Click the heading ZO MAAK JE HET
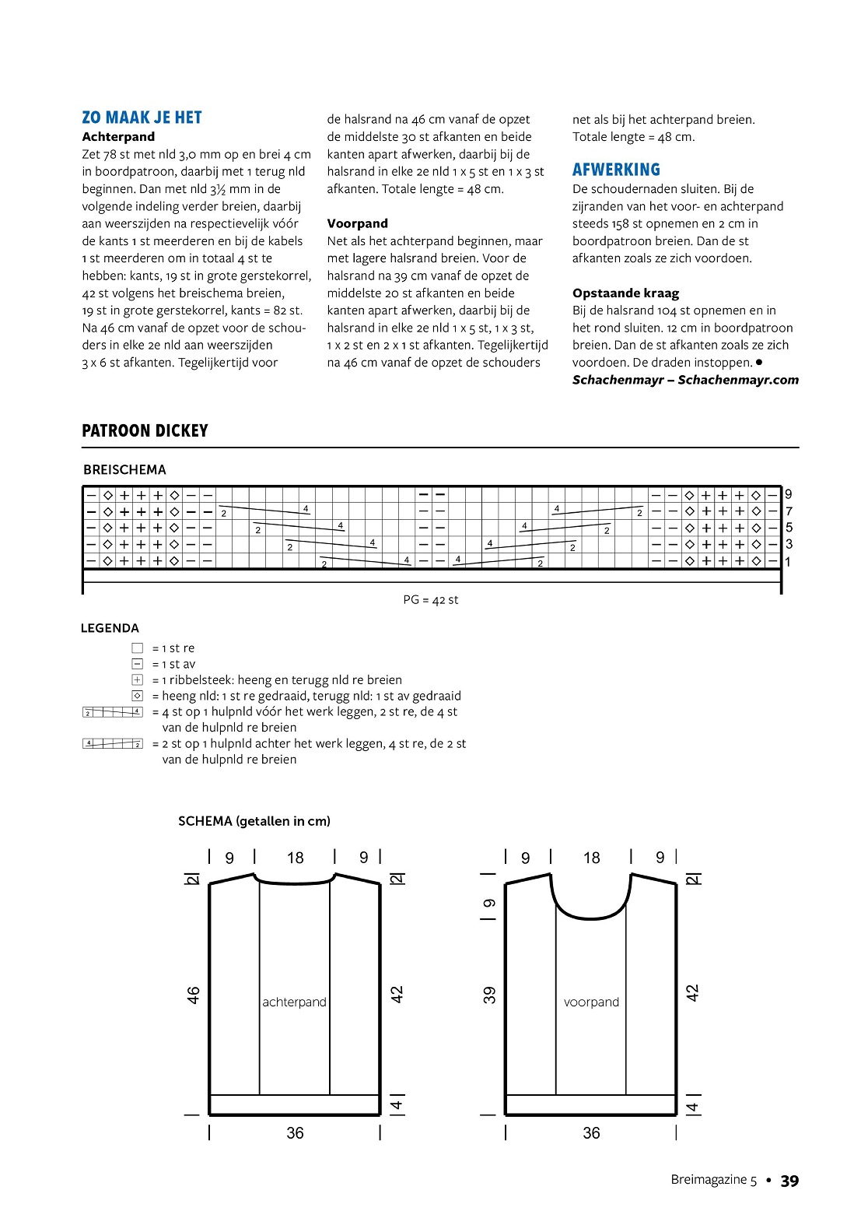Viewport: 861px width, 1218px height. [x=142, y=118]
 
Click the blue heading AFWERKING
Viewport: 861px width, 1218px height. [x=616, y=170]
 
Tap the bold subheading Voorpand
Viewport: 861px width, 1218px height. [x=357, y=223]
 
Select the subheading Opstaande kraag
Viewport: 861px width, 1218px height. [x=625, y=293]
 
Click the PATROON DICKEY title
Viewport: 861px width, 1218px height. [x=145, y=431]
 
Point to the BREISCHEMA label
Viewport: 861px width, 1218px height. [x=124, y=469]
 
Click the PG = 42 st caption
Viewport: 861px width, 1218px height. [x=431, y=600]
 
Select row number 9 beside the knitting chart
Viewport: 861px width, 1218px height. [x=789, y=494]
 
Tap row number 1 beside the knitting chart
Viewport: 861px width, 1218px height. [x=788, y=562]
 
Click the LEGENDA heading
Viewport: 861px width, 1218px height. [x=110, y=628]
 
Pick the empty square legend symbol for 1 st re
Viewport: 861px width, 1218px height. [x=138, y=648]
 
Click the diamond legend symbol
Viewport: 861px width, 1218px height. [x=138, y=696]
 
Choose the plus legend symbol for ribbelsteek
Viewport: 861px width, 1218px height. [x=138, y=679]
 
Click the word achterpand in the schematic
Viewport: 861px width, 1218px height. [x=294, y=1002]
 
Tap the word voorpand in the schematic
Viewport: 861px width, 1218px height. [x=591, y=1002]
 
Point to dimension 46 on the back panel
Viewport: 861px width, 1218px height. [x=193, y=995]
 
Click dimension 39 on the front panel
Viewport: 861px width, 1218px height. [x=489, y=995]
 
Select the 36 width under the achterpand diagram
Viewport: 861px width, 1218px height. [x=295, y=1133]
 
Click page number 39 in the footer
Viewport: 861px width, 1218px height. [x=789, y=1181]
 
